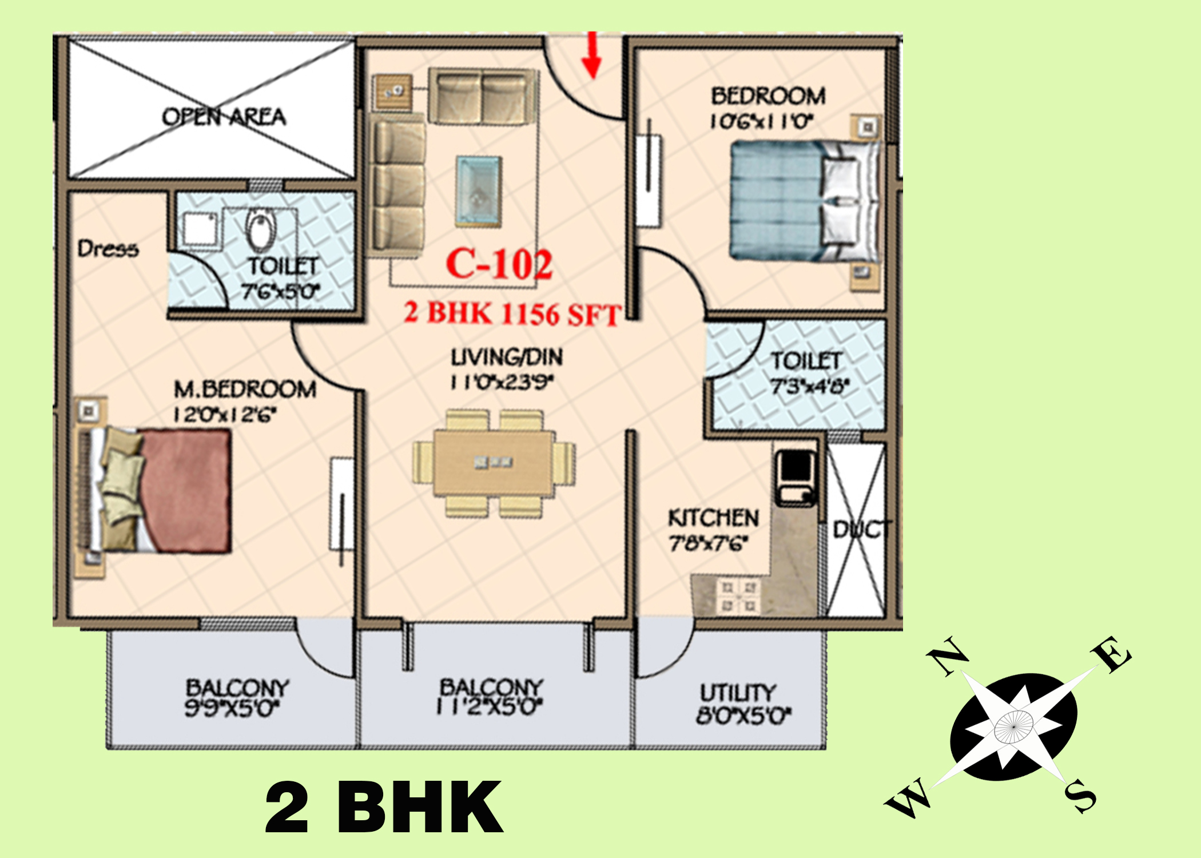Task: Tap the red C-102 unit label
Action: [x=499, y=264]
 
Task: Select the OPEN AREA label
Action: [x=224, y=117]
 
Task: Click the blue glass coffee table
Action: [x=479, y=192]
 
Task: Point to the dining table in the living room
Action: [x=494, y=463]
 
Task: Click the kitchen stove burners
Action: [x=738, y=595]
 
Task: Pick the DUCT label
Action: [x=861, y=530]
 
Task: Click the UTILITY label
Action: [x=738, y=693]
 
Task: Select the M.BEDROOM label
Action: [x=245, y=389]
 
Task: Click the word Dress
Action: [x=108, y=248]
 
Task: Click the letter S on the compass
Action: [x=1080, y=795]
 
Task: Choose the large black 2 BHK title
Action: [x=384, y=808]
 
